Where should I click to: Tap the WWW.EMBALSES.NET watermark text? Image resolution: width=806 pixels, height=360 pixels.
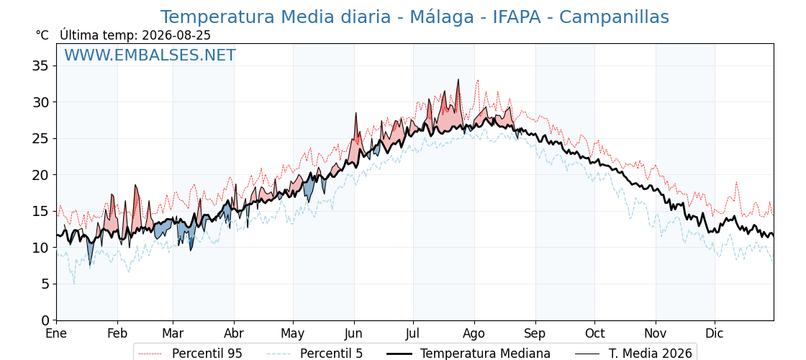pos(150,55)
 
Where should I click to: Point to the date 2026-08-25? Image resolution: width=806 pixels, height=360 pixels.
pos(176,35)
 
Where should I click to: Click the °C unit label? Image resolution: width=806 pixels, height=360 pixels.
pos(42,35)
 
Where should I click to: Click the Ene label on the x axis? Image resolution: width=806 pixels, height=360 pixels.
pos(57,334)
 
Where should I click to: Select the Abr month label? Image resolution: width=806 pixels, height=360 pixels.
pos(234,334)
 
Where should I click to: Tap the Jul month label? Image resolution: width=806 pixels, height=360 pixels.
pos(413,334)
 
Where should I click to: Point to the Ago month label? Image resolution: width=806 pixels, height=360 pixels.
pos(474,334)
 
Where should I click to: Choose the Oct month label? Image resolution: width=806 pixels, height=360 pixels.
pos(594,334)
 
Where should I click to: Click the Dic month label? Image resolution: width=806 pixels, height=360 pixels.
pos(715,334)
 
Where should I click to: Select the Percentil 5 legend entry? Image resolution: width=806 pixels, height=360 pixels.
pos(315,354)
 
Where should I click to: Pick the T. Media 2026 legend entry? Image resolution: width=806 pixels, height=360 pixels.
pos(633,354)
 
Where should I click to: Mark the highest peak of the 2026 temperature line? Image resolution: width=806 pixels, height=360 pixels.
pos(458,79)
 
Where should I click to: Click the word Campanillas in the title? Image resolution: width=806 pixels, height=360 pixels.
pos(615,17)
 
